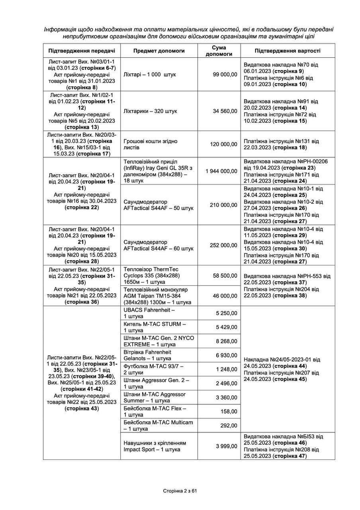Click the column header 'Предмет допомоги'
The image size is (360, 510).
pos(158,51)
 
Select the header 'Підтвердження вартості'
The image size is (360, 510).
pos(287,51)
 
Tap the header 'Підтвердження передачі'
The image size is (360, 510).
pos(82,51)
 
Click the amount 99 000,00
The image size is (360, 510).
pos(225,75)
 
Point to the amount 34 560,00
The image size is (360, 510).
pos(225,111)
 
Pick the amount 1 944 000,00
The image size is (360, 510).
pos(221,171)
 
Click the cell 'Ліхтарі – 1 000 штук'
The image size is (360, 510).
pos(150,75)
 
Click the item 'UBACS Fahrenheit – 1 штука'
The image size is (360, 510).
pos(149,313)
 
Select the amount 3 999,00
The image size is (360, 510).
pos(227,446)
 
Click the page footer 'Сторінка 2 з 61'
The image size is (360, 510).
pos(180,490)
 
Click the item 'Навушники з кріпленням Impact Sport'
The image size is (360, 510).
pos(155,446)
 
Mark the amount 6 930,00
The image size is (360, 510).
pos(227,355)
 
